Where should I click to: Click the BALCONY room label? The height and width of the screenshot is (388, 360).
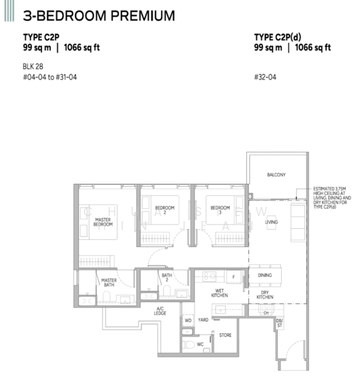[x=277, y=175]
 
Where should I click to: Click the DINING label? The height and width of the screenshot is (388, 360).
[x=265, y=275]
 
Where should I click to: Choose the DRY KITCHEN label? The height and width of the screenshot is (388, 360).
[x=265, y=294]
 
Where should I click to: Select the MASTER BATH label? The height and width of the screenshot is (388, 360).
[x=108, y=283]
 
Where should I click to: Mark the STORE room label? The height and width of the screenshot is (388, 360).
[x=225, y=335]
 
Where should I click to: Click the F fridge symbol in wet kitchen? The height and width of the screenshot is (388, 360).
[x=233, y=277]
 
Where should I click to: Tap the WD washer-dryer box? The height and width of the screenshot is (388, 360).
[x=188, y=320]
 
